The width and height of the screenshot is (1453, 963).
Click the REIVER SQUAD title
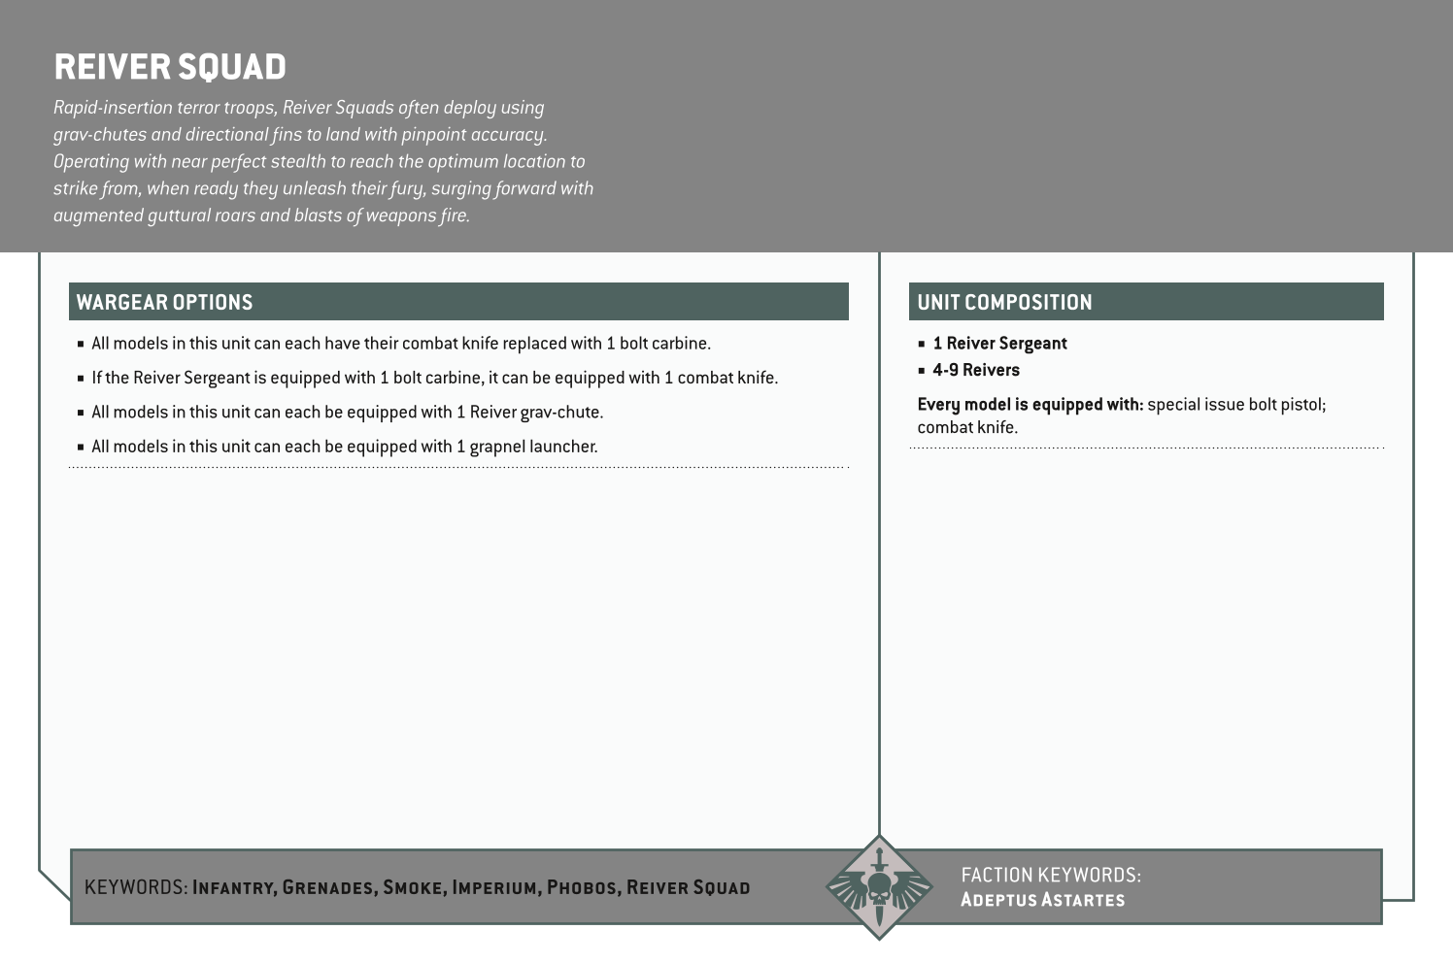(x=170, y=67)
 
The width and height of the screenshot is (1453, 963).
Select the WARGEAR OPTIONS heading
(x=164, y=302)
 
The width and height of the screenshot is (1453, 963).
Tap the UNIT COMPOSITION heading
(x=1004, y=302)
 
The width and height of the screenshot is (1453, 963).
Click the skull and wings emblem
(x=878, y=887)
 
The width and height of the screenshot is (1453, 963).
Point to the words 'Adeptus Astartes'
(x=1042, y=900)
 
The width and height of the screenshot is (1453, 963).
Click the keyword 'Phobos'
(x=582, y=887)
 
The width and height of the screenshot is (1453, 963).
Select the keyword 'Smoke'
(x=412, y=887)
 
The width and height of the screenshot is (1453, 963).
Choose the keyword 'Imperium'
(x=494, y=887)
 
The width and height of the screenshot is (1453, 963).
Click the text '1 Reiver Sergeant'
(x=999, y=344)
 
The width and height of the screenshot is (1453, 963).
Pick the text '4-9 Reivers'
(x=976, y=370)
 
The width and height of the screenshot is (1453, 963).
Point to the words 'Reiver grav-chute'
(x=536, y=413)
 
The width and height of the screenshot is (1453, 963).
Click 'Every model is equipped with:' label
(x=1030, y=405)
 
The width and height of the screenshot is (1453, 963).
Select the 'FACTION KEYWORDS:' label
(x=1051, y=875)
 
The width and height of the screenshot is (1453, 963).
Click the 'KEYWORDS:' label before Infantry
(x=136, y=887)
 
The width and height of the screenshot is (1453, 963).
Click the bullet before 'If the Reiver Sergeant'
(x=81, y=379)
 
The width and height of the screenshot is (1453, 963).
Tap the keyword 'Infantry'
(x=233, y=887)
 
